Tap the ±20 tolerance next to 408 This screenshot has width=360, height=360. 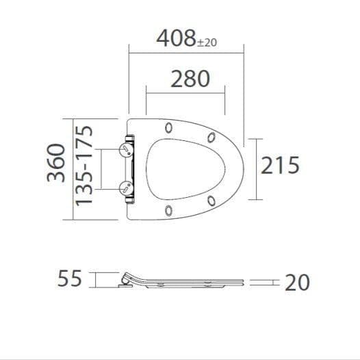[207, 42]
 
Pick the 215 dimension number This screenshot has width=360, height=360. [280, 165]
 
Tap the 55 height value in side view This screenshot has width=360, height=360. [70, 279]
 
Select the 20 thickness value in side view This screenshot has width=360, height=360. [298, 282]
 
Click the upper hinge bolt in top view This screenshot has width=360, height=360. [126, 150]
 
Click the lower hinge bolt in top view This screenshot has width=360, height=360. [126, 188]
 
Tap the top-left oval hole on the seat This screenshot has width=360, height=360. [168, 127]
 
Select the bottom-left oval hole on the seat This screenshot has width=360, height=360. [168, 209]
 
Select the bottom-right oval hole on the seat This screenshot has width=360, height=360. [211, 201]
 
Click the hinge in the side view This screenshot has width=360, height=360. [126, 279]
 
